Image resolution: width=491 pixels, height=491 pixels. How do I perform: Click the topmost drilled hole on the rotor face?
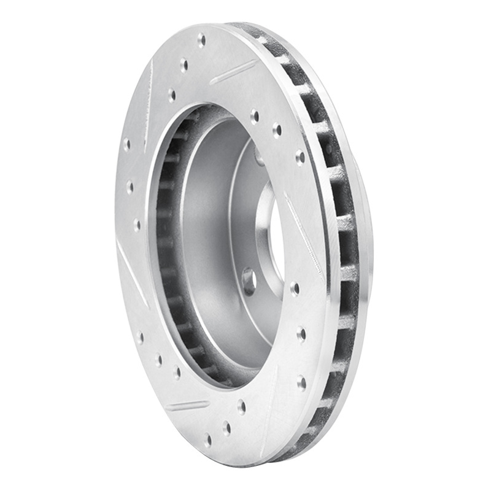click(201, 41)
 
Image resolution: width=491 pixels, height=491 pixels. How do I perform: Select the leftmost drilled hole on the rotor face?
click(126, 145)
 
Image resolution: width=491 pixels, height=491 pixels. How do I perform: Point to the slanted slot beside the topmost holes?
click(232, 72)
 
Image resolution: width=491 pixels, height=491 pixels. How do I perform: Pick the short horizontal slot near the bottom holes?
click(188, 406)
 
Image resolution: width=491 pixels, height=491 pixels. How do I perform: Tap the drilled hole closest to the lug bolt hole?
click(295, 288)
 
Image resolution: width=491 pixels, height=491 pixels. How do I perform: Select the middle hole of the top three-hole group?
click(184, 64)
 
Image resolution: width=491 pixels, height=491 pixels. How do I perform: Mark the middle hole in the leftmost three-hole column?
click(130, 186)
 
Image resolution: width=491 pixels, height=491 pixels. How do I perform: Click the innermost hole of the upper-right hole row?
click(254, 115)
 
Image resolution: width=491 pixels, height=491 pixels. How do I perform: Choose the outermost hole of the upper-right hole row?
click(300, 157)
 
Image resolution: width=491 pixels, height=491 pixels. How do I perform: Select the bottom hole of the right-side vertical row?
click(301, 383)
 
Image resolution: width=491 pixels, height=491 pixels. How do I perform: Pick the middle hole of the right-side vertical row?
click(301, 335)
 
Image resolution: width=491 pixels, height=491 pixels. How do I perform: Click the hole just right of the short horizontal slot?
click(241, 406)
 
